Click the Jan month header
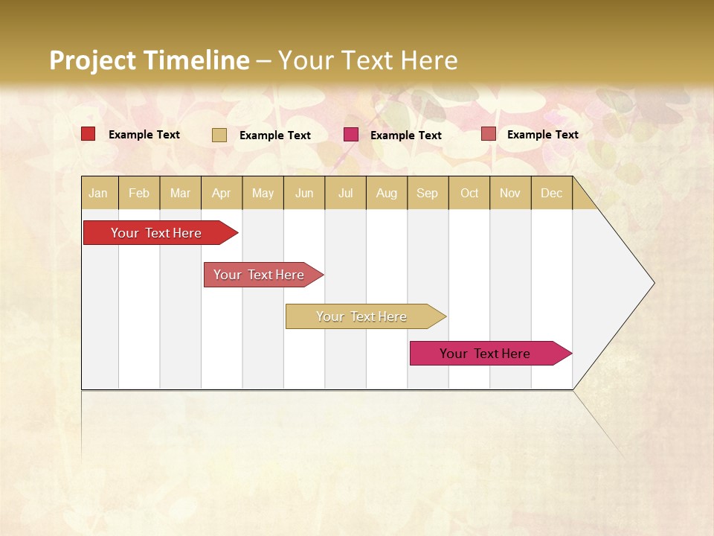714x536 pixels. pyautogui.click(x=99, y=193)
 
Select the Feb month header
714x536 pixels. pyautogui.click(x=139, y=193)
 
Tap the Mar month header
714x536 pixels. pyautogui.click(x=180, y=193)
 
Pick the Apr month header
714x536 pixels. pyautogui.click(x=222, y=193)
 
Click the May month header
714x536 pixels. pyautogui.click(x=263, y=193)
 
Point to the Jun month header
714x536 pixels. pyautogui.click(x=304, y=193)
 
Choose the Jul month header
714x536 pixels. pyautogui.click(x=345, y=193)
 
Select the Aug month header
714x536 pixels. pyautogui.click(x=387, y=193)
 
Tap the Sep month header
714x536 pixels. pyautogui.click(x=428, y=193)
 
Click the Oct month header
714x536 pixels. pyautogui.click(x=469, y=193)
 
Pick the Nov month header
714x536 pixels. pyautogui.click(x=510, y=193)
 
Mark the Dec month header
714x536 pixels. pyautogui.click(x=552, y=193)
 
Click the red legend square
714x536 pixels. pyautogui.click(x=88, y=134)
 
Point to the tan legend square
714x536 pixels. pyautogui.click(x=219, y=135)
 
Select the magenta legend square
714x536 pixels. pyautogui.click(x=350, y=135)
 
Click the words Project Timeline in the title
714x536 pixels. pyautogui.click(x=149, y=60)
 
